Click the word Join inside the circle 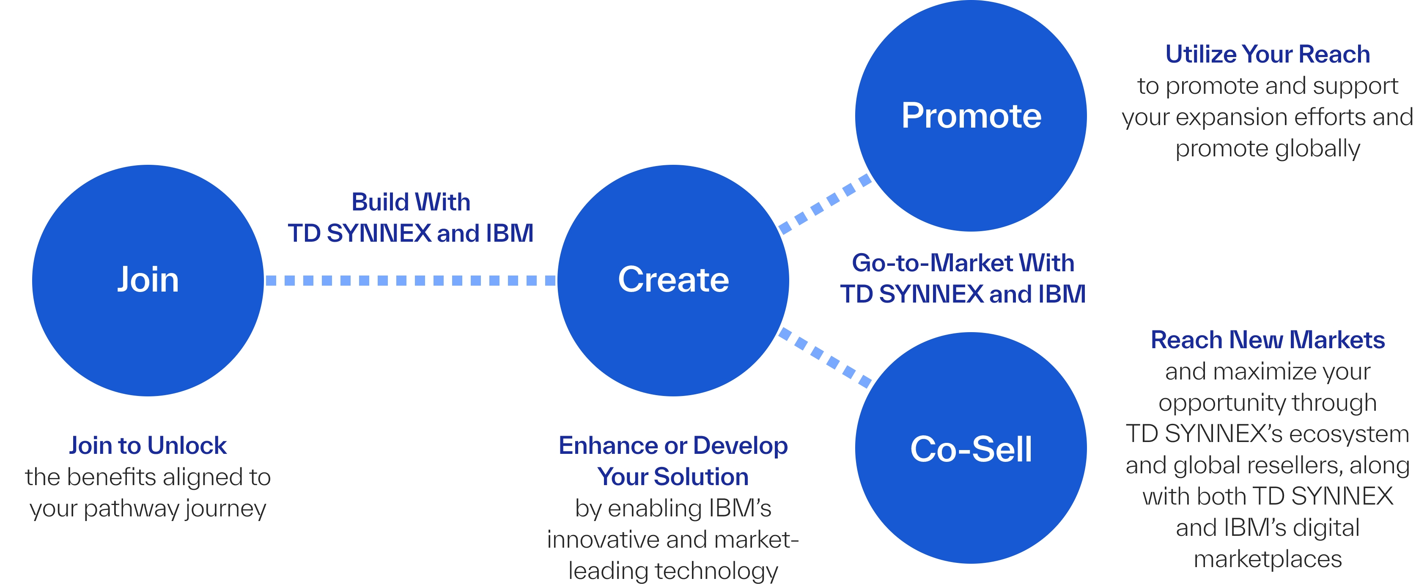tap(148, 280)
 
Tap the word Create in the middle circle tap(673, 280)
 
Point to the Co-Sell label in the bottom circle tap(971, 449)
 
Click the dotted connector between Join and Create tap(411, 281)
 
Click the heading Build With tap(411, 202)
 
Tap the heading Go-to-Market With tap(963, 263)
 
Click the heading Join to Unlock tap(148, 445)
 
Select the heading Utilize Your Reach tap(1268, 55)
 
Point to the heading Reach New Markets tap(1268, 340)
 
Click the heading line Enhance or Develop tap(673, 445)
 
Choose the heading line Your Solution tap(673, 477)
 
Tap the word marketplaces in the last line tap(1268, 559)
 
